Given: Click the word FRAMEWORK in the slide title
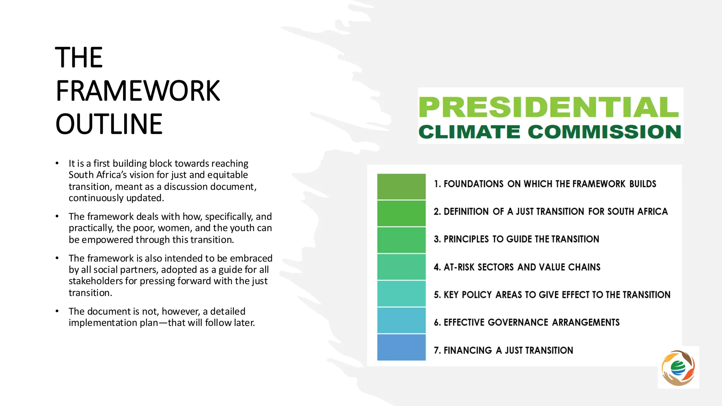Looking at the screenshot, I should tap(138, 91).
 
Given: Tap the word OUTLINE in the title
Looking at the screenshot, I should tap(109, 124).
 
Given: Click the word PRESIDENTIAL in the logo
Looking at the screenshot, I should tap(549, 107).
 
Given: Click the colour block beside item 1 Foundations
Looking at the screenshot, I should tap(401, 186).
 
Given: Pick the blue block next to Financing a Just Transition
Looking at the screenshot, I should tap(401, 347).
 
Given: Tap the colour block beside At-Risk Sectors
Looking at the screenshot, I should tap(401, 267).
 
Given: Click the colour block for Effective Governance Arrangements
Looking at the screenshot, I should tap(401, 320).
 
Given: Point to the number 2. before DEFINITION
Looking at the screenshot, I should tap(437, 211).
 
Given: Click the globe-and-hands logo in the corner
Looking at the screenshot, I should tap(678, 368).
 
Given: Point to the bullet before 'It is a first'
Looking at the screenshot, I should tap(57, 164).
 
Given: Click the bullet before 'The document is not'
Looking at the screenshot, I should tap(57, 312).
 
